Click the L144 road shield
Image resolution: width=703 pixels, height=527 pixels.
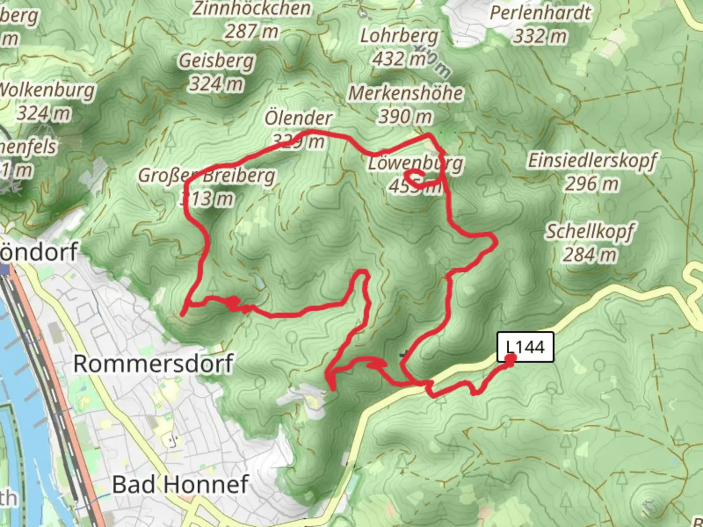[525, 347]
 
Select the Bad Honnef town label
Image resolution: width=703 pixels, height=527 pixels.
[181, 484]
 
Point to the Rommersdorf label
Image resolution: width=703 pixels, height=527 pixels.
[153, 364]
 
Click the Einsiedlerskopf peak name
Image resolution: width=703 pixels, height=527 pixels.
[592, 161]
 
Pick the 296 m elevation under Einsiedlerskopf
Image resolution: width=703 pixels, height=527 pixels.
[592, 184]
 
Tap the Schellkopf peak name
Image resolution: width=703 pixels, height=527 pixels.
[590, 231]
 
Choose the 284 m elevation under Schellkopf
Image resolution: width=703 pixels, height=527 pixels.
[590, 254]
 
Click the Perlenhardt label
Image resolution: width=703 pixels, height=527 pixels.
[540, 13]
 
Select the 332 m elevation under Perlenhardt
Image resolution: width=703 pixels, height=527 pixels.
[540, 36]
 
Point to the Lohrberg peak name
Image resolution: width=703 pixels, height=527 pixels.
[399, 36]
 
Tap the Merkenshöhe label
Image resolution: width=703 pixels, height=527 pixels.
[405, 93]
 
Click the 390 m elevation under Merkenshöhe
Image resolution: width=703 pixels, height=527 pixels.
[405, 116]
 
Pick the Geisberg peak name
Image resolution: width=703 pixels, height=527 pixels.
[216, 61]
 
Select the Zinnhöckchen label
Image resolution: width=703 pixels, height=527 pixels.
[251, 8]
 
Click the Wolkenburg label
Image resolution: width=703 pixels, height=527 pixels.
[46, 90]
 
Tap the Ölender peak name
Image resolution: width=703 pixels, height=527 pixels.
[298, 118]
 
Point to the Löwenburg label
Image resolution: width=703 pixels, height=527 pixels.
[415, 163]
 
